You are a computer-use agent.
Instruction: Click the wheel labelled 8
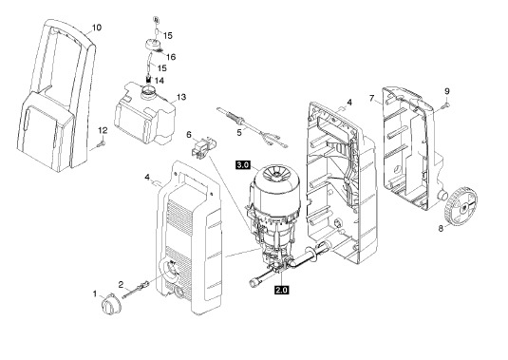pyautogui.click(x=461, y=205)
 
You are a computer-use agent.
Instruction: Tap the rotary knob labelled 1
pyautogui.click(x=110, y=305)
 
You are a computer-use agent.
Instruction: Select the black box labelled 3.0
pyautogui.click(x=243, y=165)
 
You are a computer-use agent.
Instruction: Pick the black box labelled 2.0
pyautogui.click(x=281, y=290)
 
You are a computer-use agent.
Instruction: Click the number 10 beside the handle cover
pyautogui.click(x=97, y=28)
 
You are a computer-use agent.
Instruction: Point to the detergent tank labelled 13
pyautogui.click(x=145, y=112)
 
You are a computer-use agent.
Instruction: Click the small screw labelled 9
pyautogui.click(x=445, y=104)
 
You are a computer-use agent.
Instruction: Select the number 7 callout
pyautogui.click(x=371, y=98)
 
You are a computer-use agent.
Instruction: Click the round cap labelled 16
pyautogui.click(x=153, y=45)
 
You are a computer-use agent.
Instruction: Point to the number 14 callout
pyautogui.click(x=160, y=81)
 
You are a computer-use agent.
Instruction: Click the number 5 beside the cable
pyautogui.click(x=239, y=133)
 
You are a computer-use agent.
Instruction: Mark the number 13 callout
pyautogui.click(x=181, y=97)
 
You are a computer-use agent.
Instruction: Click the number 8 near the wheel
pyautogui.click(x=441, y=228)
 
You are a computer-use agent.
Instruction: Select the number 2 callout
pyautogui.click(x=121, y=285)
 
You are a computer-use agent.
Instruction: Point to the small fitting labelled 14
pyautogui.click(x=149, y=79)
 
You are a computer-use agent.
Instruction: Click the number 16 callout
pyautogui.click(x=171, y=57)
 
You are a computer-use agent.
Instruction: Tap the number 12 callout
pyautogui.click(x=103, y=130)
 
